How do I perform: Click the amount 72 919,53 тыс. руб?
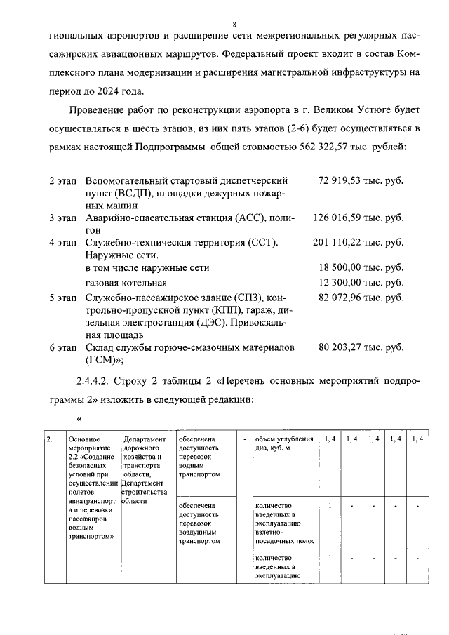click(360, 180)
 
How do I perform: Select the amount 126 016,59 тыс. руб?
click(358, 218)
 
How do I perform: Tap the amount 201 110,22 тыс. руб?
click(358, 243)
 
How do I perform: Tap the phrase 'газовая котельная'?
click(126, 282)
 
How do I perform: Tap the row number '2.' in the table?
click(49, 439)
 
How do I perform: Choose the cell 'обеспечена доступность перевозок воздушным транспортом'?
click(199, 523)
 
